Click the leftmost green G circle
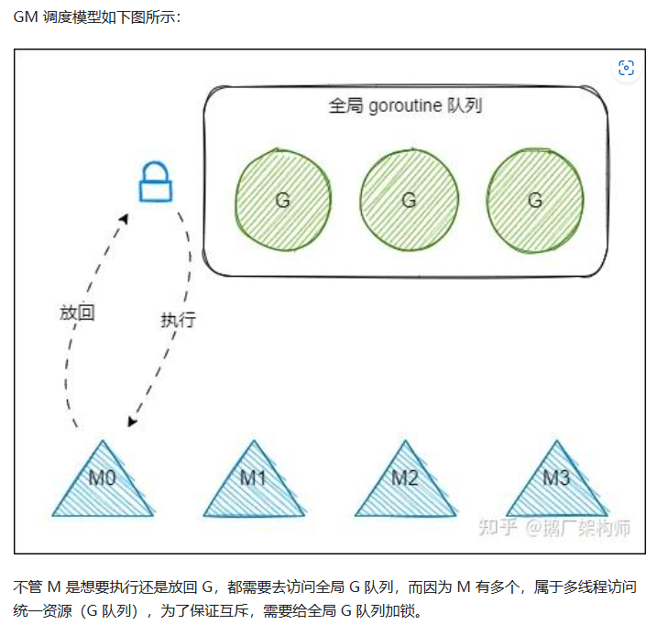point(282,200)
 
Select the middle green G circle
point(409,200)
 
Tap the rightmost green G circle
point(535,200)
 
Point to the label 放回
point(78,312)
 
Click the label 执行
point(178,320)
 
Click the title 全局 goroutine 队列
point(405,105)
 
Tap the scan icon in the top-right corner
point(626,68)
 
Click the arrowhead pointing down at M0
point(134,421)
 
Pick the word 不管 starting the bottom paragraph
point(27,587)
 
